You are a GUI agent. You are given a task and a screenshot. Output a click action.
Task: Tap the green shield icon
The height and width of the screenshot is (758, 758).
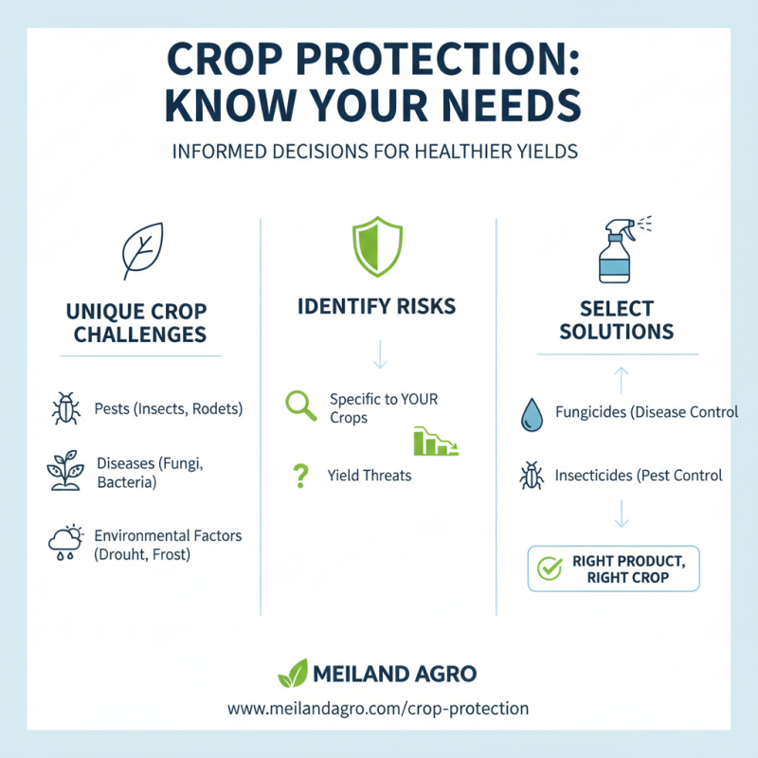(378, 248)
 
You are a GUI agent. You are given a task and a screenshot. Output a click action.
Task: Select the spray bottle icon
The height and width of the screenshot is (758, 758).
(616, 250)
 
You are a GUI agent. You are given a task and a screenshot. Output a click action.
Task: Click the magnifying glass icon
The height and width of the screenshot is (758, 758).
(300, 406)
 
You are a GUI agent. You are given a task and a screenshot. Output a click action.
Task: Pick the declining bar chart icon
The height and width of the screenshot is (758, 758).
(436, 442)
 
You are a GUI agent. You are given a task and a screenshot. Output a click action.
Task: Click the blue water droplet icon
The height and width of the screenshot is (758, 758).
(531, 415)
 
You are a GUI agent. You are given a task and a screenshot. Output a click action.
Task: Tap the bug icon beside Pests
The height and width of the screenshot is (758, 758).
(65, 409)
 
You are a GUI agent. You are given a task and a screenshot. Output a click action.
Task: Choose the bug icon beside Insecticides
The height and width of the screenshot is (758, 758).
(531, 475)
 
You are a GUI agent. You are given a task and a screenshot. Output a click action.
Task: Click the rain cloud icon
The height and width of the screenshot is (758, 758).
(64, 543)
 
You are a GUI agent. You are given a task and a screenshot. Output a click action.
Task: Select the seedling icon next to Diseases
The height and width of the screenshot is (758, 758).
(64, 471)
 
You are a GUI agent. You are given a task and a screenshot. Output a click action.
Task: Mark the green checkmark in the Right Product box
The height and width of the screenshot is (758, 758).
(550, 568)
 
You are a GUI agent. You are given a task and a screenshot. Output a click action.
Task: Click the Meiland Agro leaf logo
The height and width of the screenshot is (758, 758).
(292, 673)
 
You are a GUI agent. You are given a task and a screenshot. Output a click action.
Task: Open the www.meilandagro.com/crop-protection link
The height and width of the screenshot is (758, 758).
(378, 708)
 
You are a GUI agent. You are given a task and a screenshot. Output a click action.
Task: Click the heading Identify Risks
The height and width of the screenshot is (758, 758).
(376, 306)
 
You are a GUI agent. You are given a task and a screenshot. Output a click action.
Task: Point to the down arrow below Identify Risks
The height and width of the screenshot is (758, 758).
(379, 355)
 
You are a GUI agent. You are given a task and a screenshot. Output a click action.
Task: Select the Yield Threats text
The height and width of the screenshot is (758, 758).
(370, 476)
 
